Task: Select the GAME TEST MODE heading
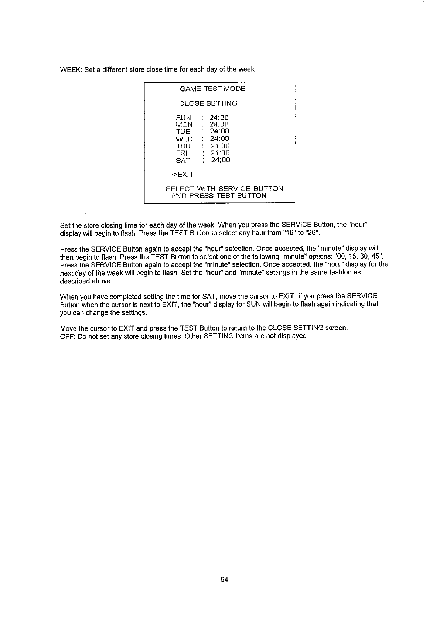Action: point(212,89)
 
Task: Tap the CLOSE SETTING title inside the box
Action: point(208,103)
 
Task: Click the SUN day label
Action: point(184,118)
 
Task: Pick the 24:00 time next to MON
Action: point(219,124)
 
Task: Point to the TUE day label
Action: point(183,132)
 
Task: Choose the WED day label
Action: point(184,139)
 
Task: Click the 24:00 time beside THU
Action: point(220,146)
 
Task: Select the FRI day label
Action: point(182,153)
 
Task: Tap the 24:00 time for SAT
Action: point(221,160)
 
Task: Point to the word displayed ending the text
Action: point(292,336)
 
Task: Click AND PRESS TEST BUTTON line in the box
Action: point(219,196)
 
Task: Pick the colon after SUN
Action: point(202,118)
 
